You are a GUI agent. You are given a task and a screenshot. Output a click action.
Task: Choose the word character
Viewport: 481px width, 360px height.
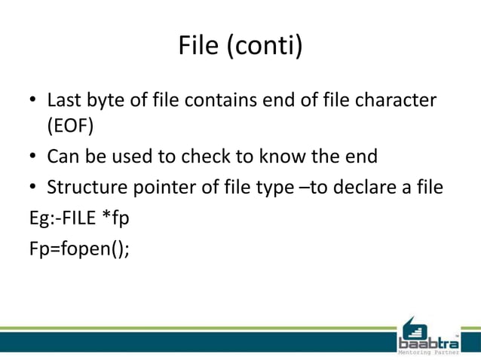click(396, 100)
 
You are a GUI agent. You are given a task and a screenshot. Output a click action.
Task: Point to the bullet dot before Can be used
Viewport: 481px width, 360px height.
click(34, 157)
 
